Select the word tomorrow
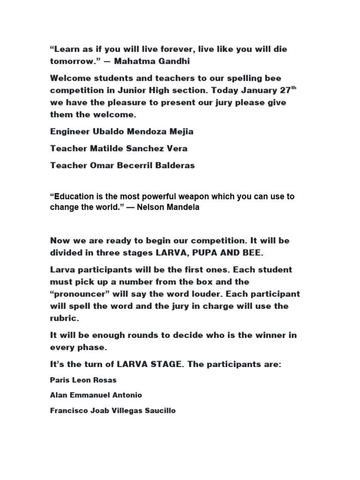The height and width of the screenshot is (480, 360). pos(71,61)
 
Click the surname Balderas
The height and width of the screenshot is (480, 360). pos(175,165)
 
